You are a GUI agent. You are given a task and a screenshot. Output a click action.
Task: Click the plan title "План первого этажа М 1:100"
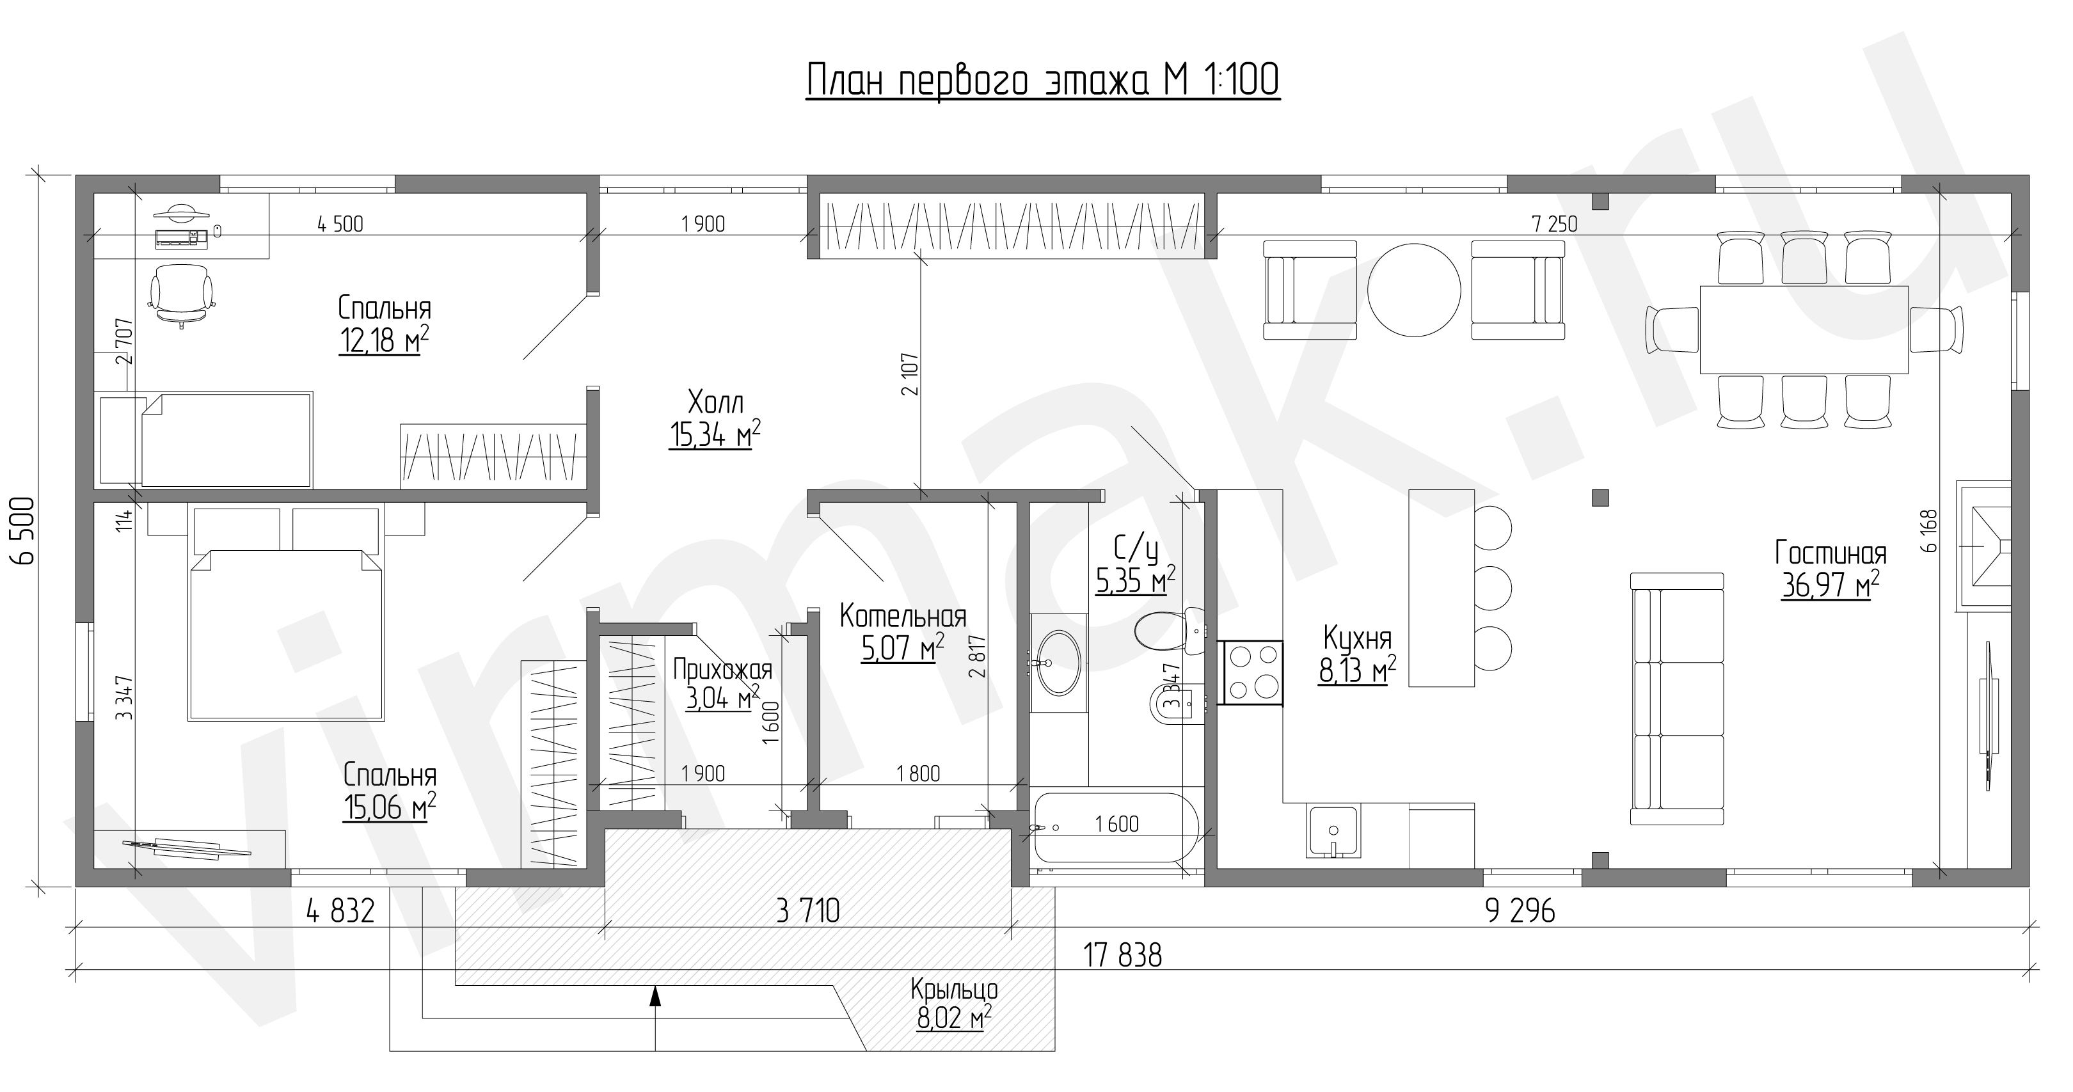pyautogui.click(x=1042, y=81)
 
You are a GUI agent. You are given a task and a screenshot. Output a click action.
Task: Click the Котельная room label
pyautogui.click(x=903, y=617)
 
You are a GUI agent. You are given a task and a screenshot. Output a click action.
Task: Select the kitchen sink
pyautogui.click(x=1333, y=831)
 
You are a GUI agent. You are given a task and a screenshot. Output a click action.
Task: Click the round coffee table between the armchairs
pyautogui.click(x=1414, y=290)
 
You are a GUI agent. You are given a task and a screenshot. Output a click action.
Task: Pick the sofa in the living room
pyautogui.click(x=1677, y=699)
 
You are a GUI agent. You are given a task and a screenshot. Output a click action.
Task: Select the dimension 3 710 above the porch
pyautogui.click(x=808, y=911)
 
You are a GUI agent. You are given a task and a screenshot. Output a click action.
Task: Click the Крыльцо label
pyautogui.click(x=955, y=988)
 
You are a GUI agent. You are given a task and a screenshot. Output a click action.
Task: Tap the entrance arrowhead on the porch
pyautogui.click(x=655, y=996)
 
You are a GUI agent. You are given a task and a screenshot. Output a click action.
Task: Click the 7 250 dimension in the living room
pyautogui.click(x=1555, y=224)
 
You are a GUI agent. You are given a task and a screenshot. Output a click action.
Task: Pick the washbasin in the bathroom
pyautogui.click(x=1058, y=662)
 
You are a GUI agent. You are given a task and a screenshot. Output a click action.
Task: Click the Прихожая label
pyautogui.click(x=722, y=670)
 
